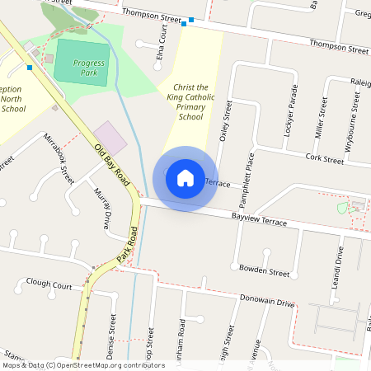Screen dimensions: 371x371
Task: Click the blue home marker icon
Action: [x=185, y=178]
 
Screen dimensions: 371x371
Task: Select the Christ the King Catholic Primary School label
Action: [x=190, y=101]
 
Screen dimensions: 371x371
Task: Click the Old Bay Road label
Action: [x=113, y=162]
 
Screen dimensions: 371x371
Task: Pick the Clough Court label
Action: [x=49, y=284]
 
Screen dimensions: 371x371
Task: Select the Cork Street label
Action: [x=324, y=158]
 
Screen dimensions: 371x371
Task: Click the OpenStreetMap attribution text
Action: [x=83, y=365]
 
